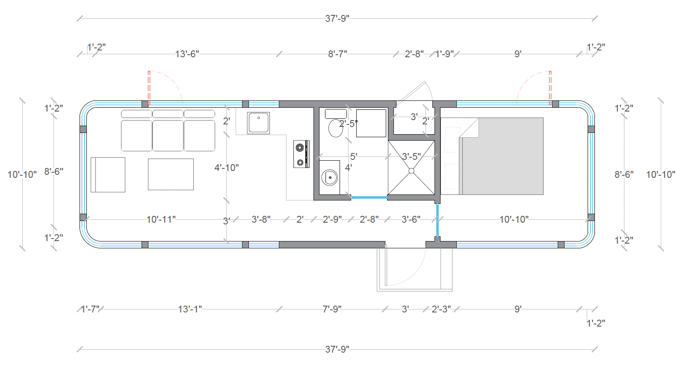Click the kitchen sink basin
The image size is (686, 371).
(258, 123)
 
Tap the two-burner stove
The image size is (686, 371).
(301, 154)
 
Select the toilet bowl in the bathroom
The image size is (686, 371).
(336, 128)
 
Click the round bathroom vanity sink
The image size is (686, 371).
(330, 177)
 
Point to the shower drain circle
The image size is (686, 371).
(411, 171)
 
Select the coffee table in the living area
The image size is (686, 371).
(171, 174)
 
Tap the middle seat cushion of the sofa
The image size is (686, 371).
(168, 135)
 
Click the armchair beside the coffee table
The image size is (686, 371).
(108, 174)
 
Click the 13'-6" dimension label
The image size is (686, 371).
(187, 54)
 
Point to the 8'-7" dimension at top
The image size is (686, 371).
(337, 54)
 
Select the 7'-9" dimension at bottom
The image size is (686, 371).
(332, 309)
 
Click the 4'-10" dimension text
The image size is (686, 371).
(226, 168)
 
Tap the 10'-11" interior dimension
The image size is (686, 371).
(161, 219)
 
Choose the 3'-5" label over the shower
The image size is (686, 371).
(411, 156)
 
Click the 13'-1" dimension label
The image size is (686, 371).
(189, 309)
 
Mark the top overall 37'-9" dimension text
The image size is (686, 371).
(337, 18)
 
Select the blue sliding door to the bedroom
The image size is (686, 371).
(437, 220)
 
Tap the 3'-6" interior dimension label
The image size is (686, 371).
(411, 219)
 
